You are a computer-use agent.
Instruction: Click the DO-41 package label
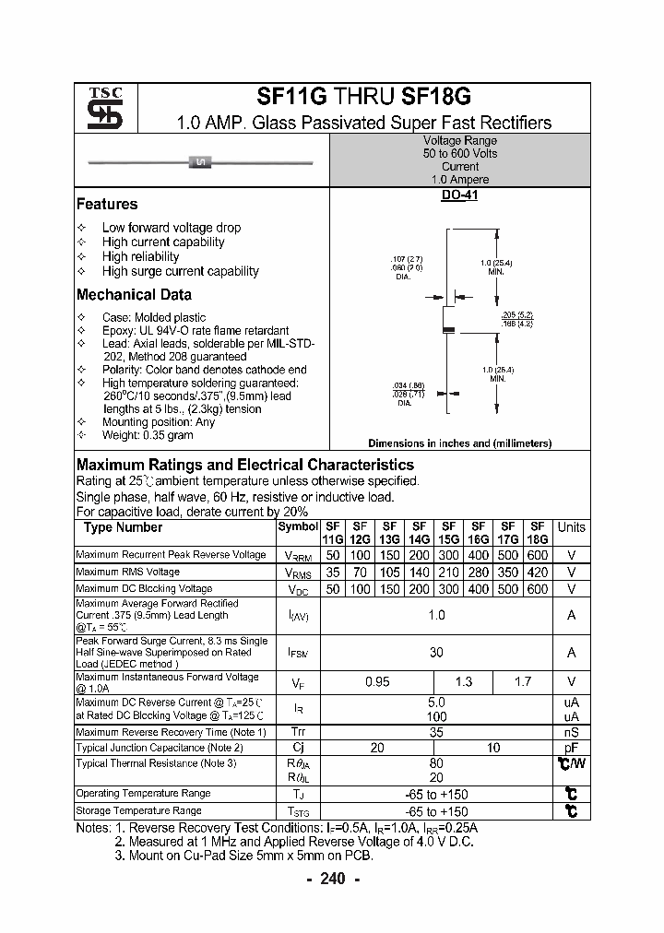458,195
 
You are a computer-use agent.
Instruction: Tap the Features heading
107,205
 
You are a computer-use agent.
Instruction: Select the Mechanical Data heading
134,295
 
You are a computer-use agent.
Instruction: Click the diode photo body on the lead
200,163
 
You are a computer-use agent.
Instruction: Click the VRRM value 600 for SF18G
536,555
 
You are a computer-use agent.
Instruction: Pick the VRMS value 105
389,573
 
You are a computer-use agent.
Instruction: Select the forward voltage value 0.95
378,681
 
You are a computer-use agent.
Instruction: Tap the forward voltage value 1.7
523,681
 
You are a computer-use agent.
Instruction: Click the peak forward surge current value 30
436,652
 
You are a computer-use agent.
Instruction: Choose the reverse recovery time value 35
436,732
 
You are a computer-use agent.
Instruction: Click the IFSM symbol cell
297,653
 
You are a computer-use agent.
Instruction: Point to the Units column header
571,527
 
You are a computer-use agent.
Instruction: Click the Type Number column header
123,527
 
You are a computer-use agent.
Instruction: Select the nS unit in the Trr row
571,732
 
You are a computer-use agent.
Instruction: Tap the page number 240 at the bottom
332,879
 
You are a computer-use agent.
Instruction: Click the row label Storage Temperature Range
138,810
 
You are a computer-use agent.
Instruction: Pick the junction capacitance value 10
494,748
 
